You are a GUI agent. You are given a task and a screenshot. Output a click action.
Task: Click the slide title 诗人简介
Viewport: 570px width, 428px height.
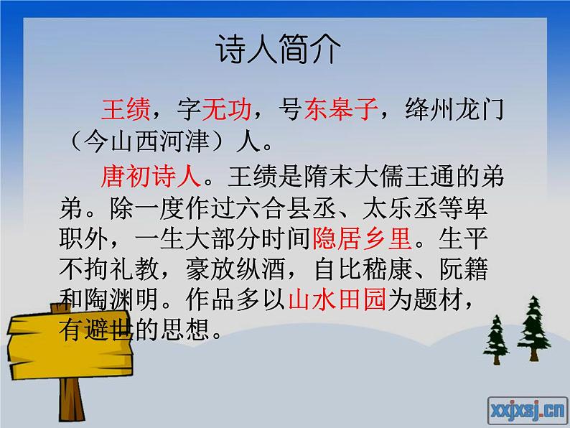(278, 50)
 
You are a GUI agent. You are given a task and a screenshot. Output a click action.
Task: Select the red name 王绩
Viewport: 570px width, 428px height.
(126, 109)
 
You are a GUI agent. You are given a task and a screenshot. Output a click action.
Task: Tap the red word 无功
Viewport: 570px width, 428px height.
(226, 109)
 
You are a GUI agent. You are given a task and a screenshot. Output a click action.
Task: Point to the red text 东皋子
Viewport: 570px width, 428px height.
(341, 109)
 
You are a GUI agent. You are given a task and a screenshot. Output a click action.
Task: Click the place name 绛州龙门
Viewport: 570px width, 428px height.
(454, 109)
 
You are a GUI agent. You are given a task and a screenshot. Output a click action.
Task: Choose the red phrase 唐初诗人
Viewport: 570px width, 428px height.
(151, 177)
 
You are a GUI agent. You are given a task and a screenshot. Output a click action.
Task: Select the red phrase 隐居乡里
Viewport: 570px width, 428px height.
(362, 239)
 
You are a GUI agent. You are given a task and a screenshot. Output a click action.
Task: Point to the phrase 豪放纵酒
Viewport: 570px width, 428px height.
(235, 269)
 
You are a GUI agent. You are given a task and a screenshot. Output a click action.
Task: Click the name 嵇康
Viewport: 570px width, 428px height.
(387, 269)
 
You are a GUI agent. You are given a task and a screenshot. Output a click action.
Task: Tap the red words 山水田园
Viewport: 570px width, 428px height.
(337, 300)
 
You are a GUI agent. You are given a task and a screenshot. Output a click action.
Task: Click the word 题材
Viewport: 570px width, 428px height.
(437, 300)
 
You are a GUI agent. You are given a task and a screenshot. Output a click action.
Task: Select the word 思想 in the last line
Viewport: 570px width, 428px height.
(185, 330)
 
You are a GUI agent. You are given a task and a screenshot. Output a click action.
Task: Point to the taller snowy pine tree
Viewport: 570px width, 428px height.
(533, 328)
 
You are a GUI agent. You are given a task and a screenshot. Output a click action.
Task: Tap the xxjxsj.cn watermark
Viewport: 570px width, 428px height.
(528, 411)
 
